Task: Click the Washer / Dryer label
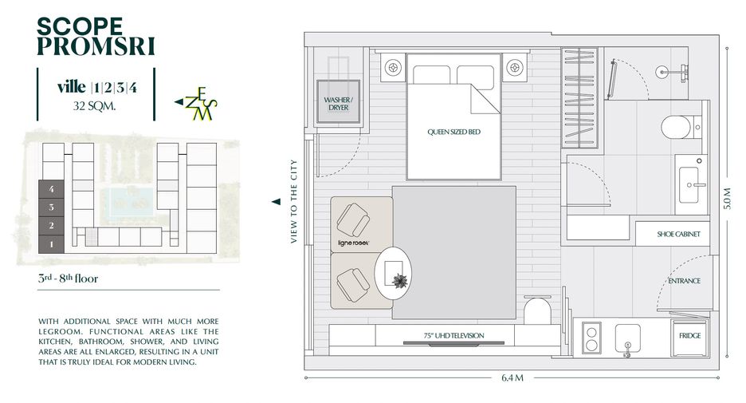(x=338, y=104)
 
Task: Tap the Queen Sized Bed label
(x=453, y=132)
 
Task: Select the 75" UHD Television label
(x=453, y=335)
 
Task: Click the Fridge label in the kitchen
(x=690, y=335)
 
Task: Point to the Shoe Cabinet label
(x=678, y=234)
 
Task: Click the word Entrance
(x=684, y=281)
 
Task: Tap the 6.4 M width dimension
(x=512, y=377)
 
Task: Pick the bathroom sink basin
(x=689, y=184)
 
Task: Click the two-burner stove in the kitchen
(x=591, y=338)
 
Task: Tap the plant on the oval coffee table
(x=400, y=281)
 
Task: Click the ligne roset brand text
(x=353, y=243)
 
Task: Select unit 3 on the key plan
(x=51, y=207)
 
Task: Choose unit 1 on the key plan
(x=51, y=244)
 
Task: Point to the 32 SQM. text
(x=94, y=106)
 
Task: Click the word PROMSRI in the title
(x=96, y=46)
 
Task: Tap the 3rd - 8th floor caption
(x=68, y=279)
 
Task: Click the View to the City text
(x=293, y=201)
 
